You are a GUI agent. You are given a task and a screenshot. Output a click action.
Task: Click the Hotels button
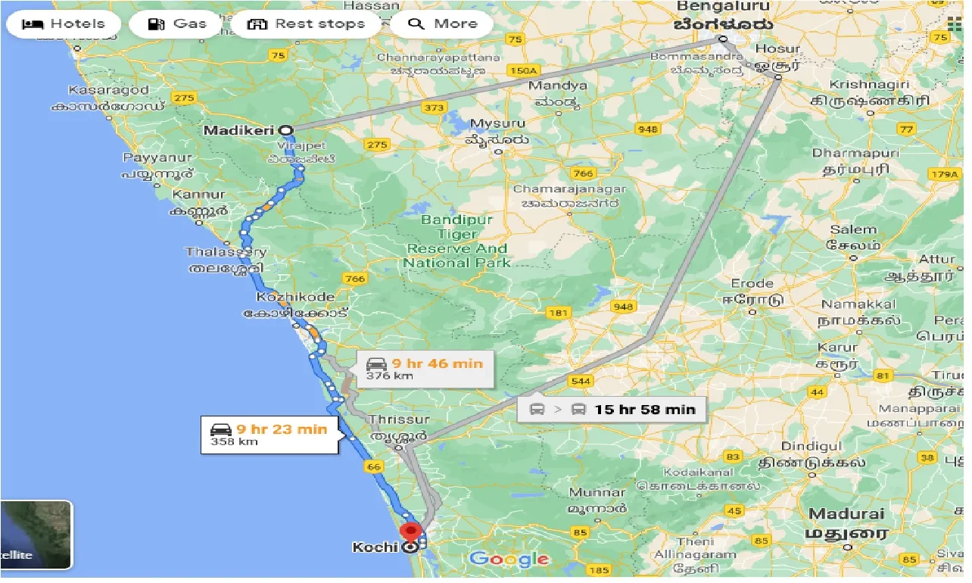(x=64, y=23)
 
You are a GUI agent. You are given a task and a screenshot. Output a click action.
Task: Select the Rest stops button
(x=307, y=23)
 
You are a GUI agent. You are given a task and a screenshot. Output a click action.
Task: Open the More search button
(x=442, y=23)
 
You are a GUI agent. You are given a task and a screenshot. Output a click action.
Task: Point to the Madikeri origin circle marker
(x=286, y=129)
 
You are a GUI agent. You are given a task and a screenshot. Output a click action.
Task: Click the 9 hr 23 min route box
(x=269, y=435)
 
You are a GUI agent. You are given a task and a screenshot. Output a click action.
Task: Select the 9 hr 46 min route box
(x=424, y=369)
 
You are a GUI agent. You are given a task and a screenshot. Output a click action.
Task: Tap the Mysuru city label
(x=497, y=123)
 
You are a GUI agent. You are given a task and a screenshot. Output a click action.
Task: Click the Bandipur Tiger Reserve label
(x=457, y=241)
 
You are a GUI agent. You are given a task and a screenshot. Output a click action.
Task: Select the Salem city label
(x=853, y=229)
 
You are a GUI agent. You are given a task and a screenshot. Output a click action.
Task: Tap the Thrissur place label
(x=398, y=419)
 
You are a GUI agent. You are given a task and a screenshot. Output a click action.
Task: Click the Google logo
(x=509, y=560)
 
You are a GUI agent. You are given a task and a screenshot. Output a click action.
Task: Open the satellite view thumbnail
(x=36, y=535)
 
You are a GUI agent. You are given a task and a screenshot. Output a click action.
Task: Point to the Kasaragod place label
(x=101, y=90)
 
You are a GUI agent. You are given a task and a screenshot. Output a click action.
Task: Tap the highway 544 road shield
(x=582, y=380)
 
